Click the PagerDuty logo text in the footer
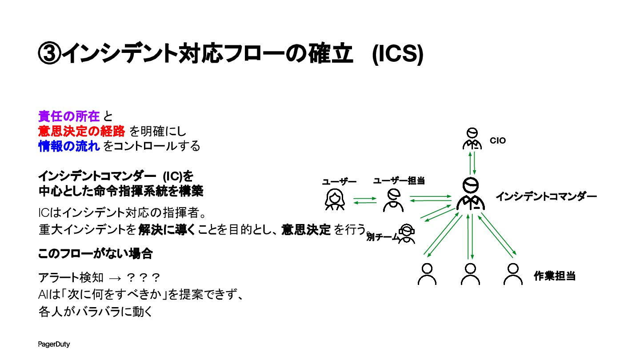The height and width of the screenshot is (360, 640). pyautogui.click(x=54, y=344)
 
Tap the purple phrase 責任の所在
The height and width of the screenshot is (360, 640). pyautogui.click(x=68, y=116)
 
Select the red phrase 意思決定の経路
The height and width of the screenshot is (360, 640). pyautogui.click(x=81, y=131)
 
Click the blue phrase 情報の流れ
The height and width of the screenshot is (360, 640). pyautogui.click(x=68, y=146)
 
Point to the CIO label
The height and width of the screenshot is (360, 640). pyautogui.click(x=498, y=141)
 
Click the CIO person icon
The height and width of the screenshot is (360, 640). pyautogui.click(x=472, y=139)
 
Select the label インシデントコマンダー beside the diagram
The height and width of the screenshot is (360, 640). pyautogui.click(x=546, y=196)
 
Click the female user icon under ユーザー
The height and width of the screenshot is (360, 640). pyautogui.click(x=335, y=200)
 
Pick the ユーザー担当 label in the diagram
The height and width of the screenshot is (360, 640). pyautogui.click(x=399, y=180)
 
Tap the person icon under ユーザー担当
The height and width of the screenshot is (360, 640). pyautogui.click(x=393, y=200)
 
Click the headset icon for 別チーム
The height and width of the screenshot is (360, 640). pyautogui.click(x=407, y=234)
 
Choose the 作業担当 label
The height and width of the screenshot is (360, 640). pyautogui.click(x=555, y=276)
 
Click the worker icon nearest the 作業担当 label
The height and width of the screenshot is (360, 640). pyautogui.click(x=513, y=274)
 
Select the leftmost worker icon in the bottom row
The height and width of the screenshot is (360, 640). pyautogui.click(x=427, y=274)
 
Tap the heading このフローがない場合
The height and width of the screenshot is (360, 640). pyautogui.click(x=96, y=254)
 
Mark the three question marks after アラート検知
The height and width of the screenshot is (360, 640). pyautogui.click(x=143, y=278)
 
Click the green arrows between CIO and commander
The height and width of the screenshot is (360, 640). pyautogui.click(x=472, y=163)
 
